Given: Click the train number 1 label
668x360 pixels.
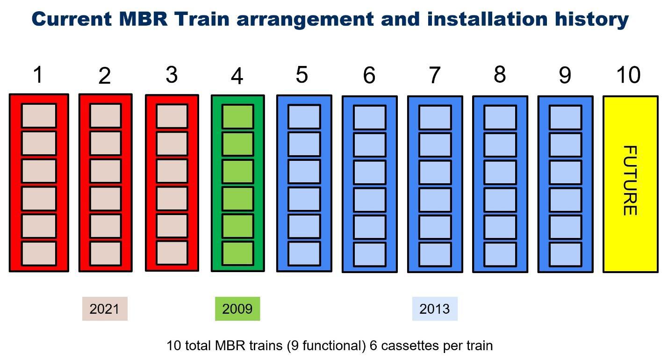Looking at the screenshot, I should pos(38,75).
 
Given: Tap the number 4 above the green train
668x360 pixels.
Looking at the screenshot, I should pos(237,76).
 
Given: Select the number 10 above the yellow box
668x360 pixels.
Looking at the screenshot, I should pos(628,75).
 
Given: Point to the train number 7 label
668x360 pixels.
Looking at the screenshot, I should pos(434,75).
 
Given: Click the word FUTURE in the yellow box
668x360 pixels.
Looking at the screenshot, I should pos(630,180).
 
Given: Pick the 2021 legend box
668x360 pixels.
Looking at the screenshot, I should pos(105,309).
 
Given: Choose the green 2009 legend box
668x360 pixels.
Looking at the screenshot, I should pos(237,309).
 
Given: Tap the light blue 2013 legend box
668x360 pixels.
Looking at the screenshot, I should pos(435,309).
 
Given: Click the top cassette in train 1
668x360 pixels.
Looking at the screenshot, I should pos(39,115).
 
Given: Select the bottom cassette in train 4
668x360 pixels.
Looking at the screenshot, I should pos(237,253).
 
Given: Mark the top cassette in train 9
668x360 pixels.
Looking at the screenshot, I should pos(565,117).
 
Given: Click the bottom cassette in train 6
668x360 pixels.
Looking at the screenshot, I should pos(369,254).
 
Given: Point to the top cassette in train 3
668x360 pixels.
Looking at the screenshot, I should pos(172,116).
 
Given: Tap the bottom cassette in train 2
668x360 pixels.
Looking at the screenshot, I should pos(105,253).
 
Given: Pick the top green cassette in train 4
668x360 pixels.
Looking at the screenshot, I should pos(237,116).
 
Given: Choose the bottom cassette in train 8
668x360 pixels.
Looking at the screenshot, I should pos(500,254).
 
